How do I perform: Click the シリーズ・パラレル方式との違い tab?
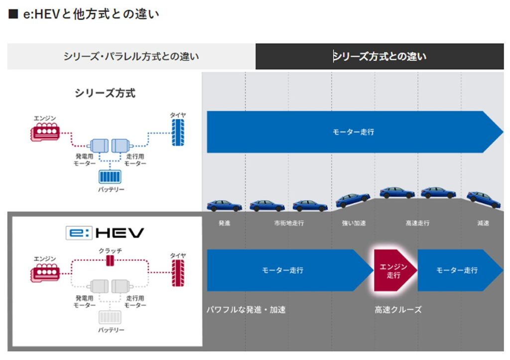pos(131,56)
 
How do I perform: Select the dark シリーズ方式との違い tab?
pos(380,56)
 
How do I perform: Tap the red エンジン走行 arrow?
pos(393,270)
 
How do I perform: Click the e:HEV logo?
pos(105,233)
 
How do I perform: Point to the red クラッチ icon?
pos(111,261)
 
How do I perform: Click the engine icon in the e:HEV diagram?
pos(45,273)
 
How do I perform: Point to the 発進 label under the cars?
pos(224,223)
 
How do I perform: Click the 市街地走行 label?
pos(288,223)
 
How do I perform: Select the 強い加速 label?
pos(353,223)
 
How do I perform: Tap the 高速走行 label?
pos(417,223)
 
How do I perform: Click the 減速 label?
pos(482,223)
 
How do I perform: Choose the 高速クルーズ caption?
pos(398,310)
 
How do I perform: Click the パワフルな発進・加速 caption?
pos(246,310)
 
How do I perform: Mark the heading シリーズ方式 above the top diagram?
pos(105,93)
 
